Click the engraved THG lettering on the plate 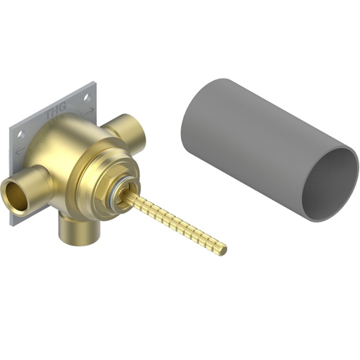tap(56, 110)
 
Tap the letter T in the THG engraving tap(50, 114)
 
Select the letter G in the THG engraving tap(63, 107)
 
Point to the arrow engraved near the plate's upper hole tap(89, 111)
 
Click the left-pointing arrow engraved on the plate tap(20, 151)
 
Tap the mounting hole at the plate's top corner tap(87, 98)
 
